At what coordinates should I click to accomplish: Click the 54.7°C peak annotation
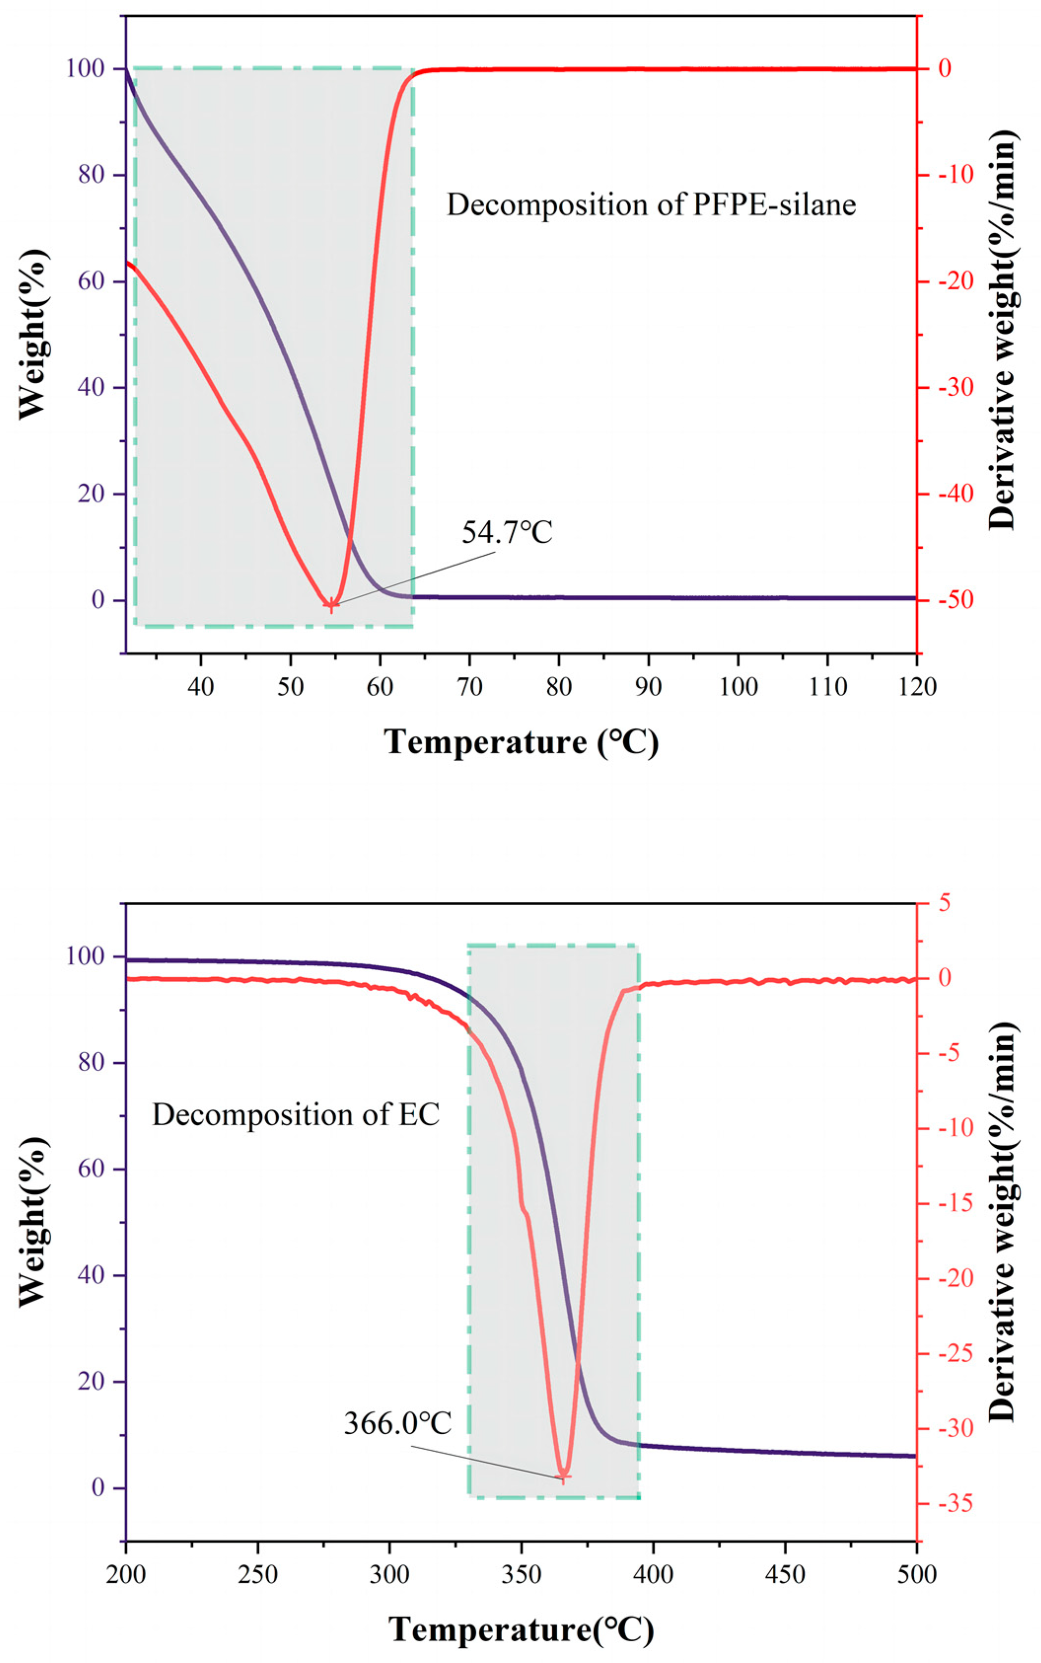(x=507, y=533)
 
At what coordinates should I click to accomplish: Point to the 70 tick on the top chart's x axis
(x=469, y=687)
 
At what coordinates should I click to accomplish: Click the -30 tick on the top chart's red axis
(x=951, y=388)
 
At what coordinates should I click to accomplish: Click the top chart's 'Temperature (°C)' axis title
(x=521, y=743)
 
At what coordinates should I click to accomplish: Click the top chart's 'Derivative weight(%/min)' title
(x=1003, y=329)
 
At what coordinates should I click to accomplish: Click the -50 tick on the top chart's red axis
(x=951, y=600)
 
